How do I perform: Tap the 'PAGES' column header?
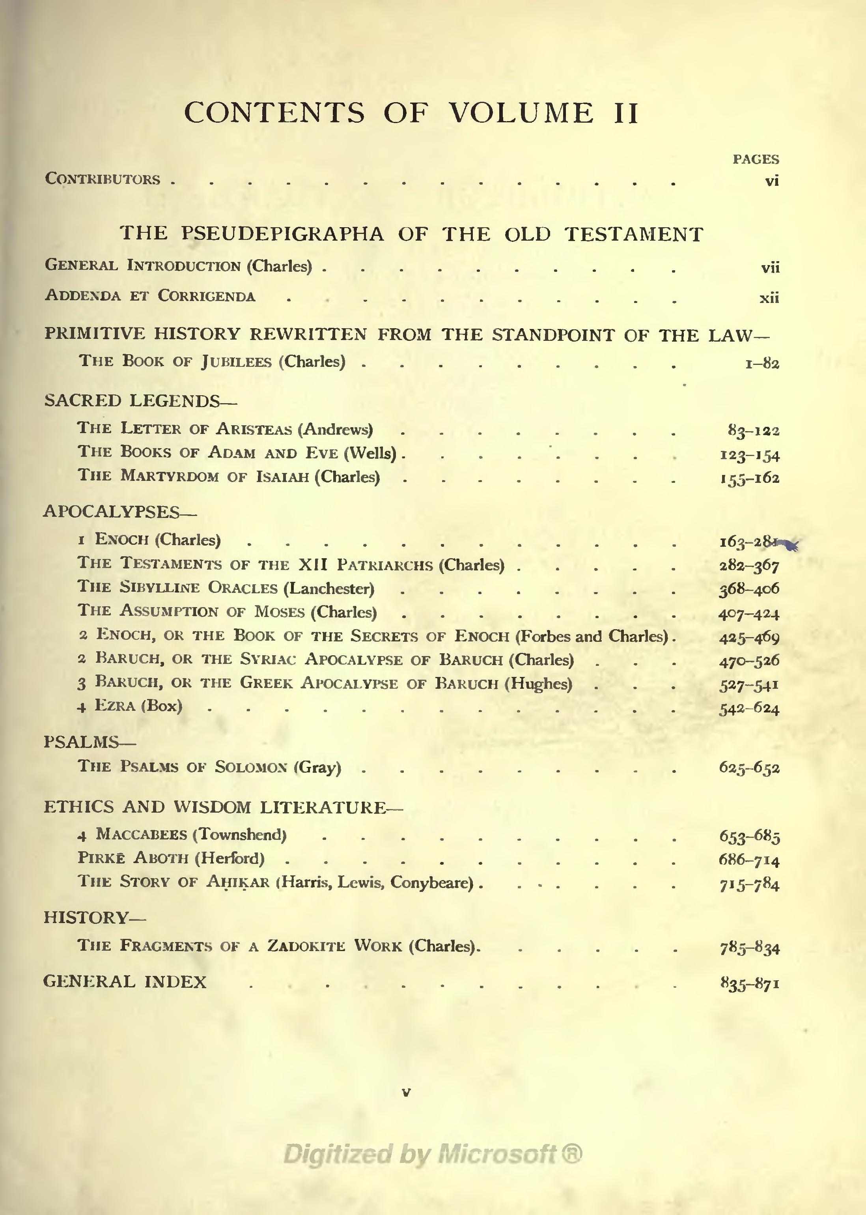click(x=755, y=159)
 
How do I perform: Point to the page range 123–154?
click(x=749, y=455)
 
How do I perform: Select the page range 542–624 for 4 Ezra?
click(x=749, y=709)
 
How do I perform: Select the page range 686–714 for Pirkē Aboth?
click(x=749, y=860)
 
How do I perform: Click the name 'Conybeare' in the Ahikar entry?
click(x=431, y=883)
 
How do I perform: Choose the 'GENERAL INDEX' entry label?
click(x=125, y=982)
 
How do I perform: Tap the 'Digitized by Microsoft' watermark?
click(x=432, y=1154)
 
